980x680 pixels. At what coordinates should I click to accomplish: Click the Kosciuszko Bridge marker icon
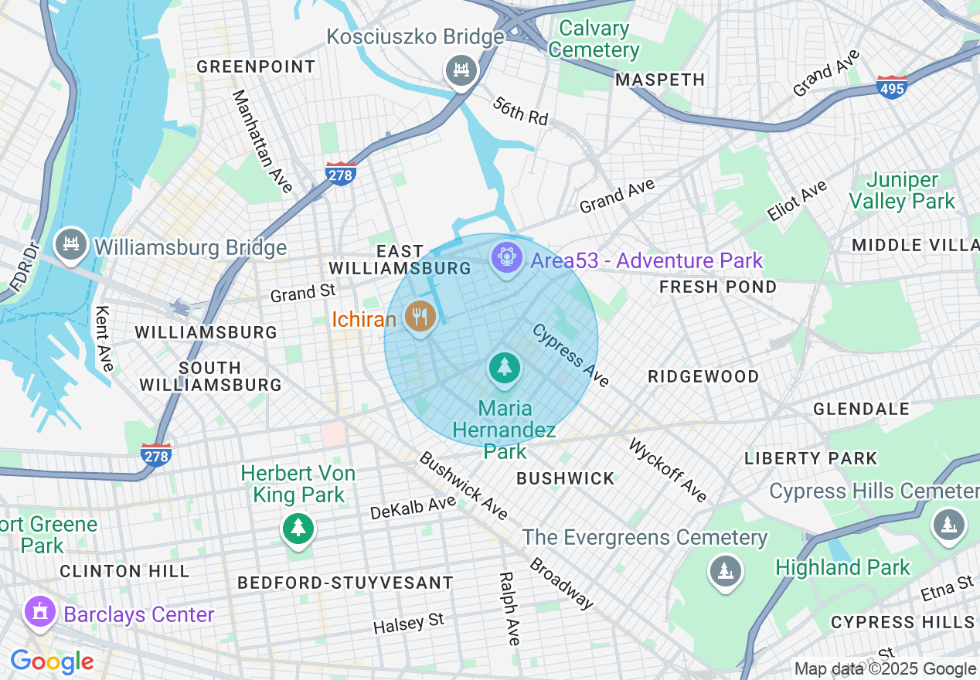click(461, 71)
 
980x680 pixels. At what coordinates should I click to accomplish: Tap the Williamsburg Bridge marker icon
click(71, 245)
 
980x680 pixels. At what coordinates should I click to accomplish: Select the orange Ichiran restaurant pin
click(420, 316)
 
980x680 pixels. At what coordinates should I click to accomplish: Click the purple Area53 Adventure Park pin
click(507, 257)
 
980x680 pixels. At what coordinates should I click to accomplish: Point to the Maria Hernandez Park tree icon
click(505, 367)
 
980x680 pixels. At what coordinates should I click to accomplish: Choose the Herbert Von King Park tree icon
click(298, 529)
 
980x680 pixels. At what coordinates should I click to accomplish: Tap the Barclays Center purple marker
click(39, 612)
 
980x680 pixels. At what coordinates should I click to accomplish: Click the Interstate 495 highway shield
click(892, 85)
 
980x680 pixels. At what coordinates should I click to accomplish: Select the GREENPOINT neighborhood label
click(256, 66)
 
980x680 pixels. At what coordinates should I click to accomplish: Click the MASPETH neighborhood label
click(660, 80)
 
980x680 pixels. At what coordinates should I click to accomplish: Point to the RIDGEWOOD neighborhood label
click(703, 376)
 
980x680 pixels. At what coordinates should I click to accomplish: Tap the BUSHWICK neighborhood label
click(565, 478)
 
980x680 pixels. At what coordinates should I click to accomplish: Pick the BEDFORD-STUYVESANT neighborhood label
click(345, 583)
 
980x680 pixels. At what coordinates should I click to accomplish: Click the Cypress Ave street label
click(570, 355)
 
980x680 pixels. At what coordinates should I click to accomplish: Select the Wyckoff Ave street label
click(668, 470)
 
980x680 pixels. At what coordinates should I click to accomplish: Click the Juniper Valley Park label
click(902, 191)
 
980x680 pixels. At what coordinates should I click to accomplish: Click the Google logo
click(52, 661)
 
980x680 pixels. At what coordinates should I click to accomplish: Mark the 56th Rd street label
click(520, 112)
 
